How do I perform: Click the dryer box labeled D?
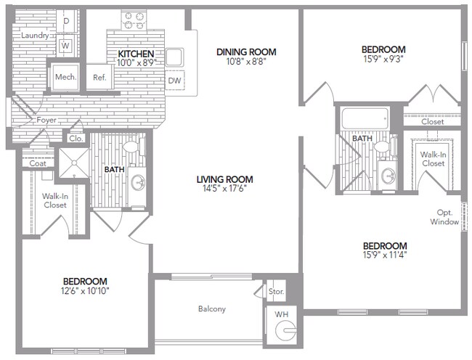[x=66, y=21]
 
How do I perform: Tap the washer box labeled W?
[x=66, y=45]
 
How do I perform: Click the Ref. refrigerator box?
[x=99, y=77]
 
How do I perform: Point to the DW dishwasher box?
[x=174, y=81]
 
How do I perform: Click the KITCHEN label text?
[x=135, y=54]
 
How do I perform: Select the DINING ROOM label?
[x=247, y=52]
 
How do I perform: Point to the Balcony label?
[x=212, y=308]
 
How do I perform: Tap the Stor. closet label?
[x=276, y=291]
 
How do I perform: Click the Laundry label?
[x=35, y=35]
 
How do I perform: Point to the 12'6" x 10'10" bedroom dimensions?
[x=85, y=292]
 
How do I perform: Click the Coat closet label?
[x=38, y=163]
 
